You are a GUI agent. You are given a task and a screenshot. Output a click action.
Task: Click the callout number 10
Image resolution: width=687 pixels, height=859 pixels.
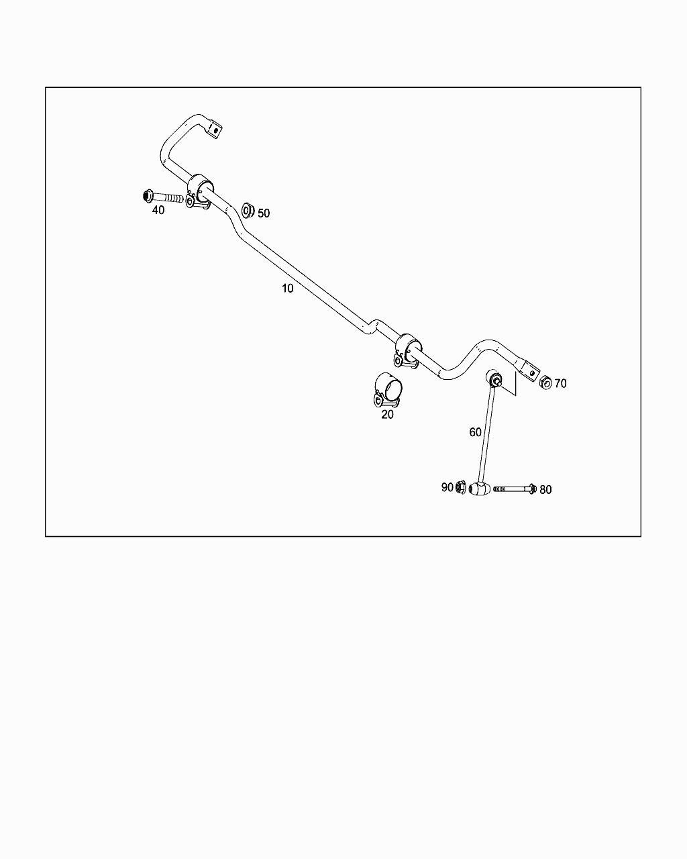(287, 288)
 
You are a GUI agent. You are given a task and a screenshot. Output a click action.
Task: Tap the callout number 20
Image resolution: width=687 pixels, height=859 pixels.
(387, 414)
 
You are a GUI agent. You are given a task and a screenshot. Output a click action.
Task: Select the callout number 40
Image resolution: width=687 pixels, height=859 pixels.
(158, 210)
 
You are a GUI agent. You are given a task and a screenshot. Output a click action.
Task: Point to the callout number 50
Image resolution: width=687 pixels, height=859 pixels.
(264, 213)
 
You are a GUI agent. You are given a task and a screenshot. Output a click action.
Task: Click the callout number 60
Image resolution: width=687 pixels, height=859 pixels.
(475, 432)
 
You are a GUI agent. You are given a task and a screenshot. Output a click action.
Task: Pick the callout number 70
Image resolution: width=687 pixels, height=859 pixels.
(560, 384)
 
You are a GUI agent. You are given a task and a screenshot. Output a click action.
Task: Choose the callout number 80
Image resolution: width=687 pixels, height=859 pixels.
(545, 490)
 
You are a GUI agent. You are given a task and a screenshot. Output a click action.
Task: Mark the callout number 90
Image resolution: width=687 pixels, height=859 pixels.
(447, 487)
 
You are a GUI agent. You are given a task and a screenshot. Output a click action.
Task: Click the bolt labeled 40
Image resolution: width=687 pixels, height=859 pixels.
(163, 197)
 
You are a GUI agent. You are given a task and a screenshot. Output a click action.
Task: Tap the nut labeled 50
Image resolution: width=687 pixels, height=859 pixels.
(248, 210)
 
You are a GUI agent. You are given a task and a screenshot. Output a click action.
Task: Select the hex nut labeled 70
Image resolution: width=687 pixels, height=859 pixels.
(545, 382)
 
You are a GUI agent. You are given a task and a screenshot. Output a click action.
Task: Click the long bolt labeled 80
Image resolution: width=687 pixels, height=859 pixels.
(515, 489)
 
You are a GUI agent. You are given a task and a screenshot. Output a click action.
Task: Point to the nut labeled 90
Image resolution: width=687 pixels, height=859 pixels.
(460, 487)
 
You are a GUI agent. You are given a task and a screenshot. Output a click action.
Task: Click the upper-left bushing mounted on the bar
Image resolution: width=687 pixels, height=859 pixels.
(200, 191)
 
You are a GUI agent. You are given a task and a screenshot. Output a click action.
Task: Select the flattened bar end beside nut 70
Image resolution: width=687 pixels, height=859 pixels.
(528, 370)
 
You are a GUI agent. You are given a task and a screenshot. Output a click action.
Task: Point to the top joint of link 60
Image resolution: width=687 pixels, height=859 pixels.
(495, 378)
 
